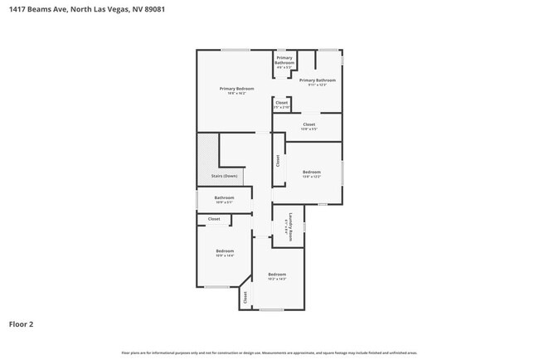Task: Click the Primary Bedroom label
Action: click(x=236, y=89)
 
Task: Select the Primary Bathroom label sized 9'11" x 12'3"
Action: click(x=323, y=80)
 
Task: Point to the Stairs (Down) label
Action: click(x=225, y=176)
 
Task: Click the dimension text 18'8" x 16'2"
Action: click(x=236, y=93)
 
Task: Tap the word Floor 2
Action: click(x=22, y=324)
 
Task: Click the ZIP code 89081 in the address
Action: click(x=164, y=10)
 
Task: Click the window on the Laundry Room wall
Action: click(x=304, y=226)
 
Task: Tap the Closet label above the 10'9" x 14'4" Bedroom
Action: click(x=214, y=219)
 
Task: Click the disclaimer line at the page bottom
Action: click(x=269, y=353)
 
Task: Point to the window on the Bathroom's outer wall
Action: click(x=197, y=200)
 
